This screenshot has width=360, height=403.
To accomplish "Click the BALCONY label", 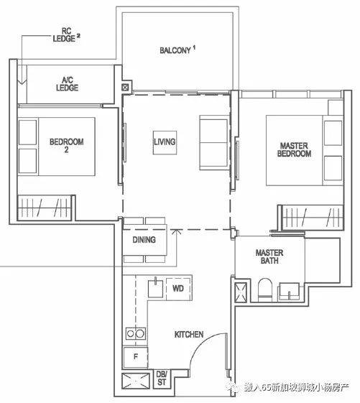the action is click(x=175, y=50).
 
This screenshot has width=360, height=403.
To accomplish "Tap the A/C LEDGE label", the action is click(x=68, y=84).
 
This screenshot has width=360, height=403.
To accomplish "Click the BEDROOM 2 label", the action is click(x=66, y=146).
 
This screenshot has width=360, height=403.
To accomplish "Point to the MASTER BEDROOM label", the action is click(x=294, y=149).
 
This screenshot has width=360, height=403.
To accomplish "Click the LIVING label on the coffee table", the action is click(x=165, y=142).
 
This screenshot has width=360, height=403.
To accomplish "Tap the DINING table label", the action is click(x=144, y=240).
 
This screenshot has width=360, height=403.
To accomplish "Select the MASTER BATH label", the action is click(x=269, y=256).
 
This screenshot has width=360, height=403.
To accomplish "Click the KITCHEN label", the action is click(x=189, y=334).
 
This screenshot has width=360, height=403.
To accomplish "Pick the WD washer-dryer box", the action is click(x=178, y=289).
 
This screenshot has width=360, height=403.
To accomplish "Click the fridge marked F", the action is click(x=136, y=358).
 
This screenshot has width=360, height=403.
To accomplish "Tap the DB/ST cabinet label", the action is click(x=162, y=378).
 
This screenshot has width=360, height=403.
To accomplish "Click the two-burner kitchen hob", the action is click(x=136, y=334).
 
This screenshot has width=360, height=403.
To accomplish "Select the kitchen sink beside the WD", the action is click(x=156, y=288).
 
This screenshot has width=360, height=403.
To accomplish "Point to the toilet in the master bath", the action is click(x=265, y=290).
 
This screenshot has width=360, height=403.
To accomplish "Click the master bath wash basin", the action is click(x=289, y=292).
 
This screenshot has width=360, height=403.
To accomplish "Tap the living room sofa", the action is click(x=213, y=143).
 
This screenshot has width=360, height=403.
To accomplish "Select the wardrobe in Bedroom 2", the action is click(x=45, y=208).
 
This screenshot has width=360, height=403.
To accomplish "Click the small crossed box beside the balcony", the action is click(x=125, y=88).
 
